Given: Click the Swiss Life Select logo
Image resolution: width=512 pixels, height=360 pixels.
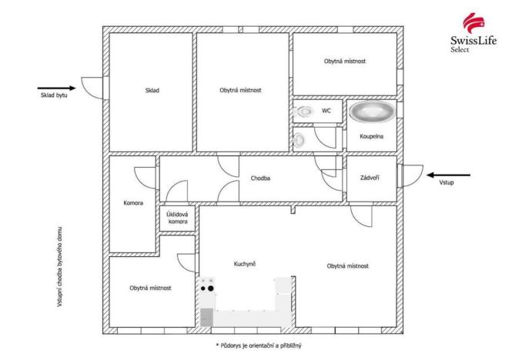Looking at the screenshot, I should point(472,32).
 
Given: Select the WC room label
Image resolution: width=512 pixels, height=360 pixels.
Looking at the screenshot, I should point(326,111).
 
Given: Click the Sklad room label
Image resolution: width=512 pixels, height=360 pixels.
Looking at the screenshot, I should point(152,90).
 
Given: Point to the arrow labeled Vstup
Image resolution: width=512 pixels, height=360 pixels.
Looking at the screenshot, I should point(447,174).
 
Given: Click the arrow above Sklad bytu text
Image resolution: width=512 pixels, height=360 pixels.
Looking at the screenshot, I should point(55,88).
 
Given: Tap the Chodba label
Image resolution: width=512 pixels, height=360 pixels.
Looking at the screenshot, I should point(259,178).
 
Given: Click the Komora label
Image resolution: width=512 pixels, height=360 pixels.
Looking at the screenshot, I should point(133,204).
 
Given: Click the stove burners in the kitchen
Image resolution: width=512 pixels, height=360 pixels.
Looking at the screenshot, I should point(207,288).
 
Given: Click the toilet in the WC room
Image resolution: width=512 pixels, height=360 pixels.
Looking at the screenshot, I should point(306,112).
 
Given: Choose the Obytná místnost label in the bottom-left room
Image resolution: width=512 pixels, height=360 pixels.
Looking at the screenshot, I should point(150,288).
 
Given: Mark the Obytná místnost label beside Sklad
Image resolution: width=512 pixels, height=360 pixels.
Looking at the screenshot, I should point(241,90).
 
